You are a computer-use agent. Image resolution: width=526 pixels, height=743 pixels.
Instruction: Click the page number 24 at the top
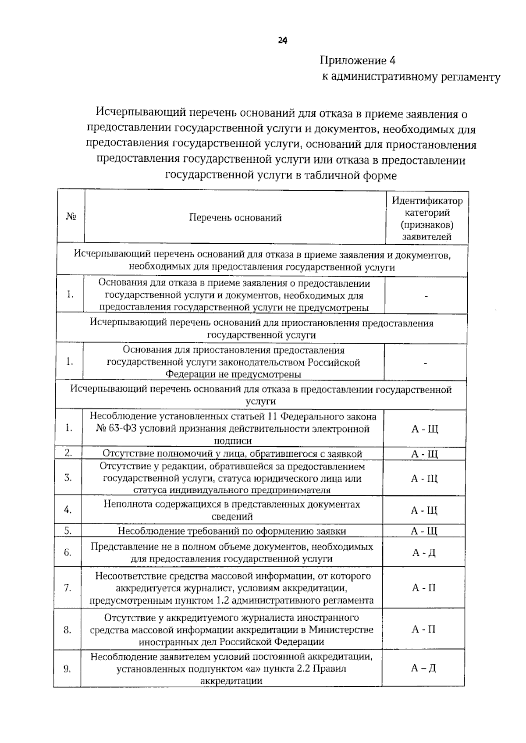282,41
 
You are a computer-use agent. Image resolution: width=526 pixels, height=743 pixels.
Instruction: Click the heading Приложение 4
358,60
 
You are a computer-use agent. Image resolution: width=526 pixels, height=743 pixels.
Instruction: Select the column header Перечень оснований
235,218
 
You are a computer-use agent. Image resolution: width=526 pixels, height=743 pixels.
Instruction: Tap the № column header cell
71,217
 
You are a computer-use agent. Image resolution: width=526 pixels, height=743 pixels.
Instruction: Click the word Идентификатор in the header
427,201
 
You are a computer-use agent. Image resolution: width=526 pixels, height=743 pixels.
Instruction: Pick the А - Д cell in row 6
423,552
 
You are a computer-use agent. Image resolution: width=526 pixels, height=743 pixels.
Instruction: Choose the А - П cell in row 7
423,588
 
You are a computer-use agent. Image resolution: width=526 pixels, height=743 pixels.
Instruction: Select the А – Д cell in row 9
423,668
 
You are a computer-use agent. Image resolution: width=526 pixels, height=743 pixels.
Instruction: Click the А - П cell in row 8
423,629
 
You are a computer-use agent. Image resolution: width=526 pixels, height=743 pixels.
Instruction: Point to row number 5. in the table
68,531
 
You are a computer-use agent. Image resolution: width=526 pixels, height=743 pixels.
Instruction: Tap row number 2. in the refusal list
68,453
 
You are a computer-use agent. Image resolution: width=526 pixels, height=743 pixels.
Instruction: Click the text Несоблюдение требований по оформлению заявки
232,531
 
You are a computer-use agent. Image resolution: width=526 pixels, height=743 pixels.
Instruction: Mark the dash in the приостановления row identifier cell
425,363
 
